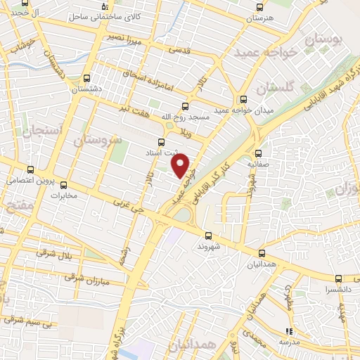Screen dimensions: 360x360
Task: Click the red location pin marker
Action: coord(181,166)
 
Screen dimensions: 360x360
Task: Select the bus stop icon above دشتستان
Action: coord(86,78)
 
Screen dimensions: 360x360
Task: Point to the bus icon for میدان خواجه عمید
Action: coord(243,99)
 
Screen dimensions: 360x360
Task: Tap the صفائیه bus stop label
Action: coord(259,163)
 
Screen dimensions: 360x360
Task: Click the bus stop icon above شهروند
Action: coord(208,236)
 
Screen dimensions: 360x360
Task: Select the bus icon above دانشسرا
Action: coord(338,279)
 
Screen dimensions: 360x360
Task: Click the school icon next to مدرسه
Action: coord(288,330)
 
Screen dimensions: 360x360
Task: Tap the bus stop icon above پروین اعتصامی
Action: coord(30,169)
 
